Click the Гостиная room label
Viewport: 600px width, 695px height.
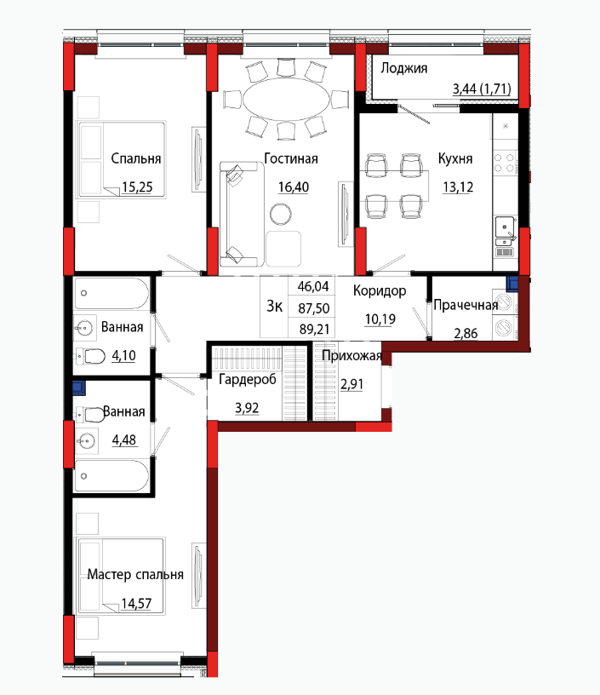pos(291,158)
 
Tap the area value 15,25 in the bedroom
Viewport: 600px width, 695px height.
pos(137,187)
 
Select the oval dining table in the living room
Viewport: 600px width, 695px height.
pos(287,100)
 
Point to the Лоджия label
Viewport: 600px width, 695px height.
pos(404,68)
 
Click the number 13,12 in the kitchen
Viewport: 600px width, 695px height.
pos(458,187)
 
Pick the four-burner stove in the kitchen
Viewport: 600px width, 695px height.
pos(505,163)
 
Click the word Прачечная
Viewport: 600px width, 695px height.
pos(466,305)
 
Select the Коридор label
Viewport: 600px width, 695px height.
pos(380,290)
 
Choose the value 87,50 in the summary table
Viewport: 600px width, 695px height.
pos(313,308)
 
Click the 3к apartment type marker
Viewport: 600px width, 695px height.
pos(275,306)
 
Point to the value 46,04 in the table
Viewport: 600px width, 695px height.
pos(313,286)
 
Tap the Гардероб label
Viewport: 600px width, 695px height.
pos(248,379)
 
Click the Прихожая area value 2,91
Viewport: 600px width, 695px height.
pos(351,384)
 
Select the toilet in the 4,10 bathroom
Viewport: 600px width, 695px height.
pos(91,356)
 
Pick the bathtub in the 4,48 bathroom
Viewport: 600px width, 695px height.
pos(111,475)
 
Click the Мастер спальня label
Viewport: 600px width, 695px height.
pos(135,574)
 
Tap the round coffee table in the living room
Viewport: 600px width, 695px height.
pos(281,214)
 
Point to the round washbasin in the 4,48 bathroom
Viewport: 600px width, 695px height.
pos(86,441)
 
